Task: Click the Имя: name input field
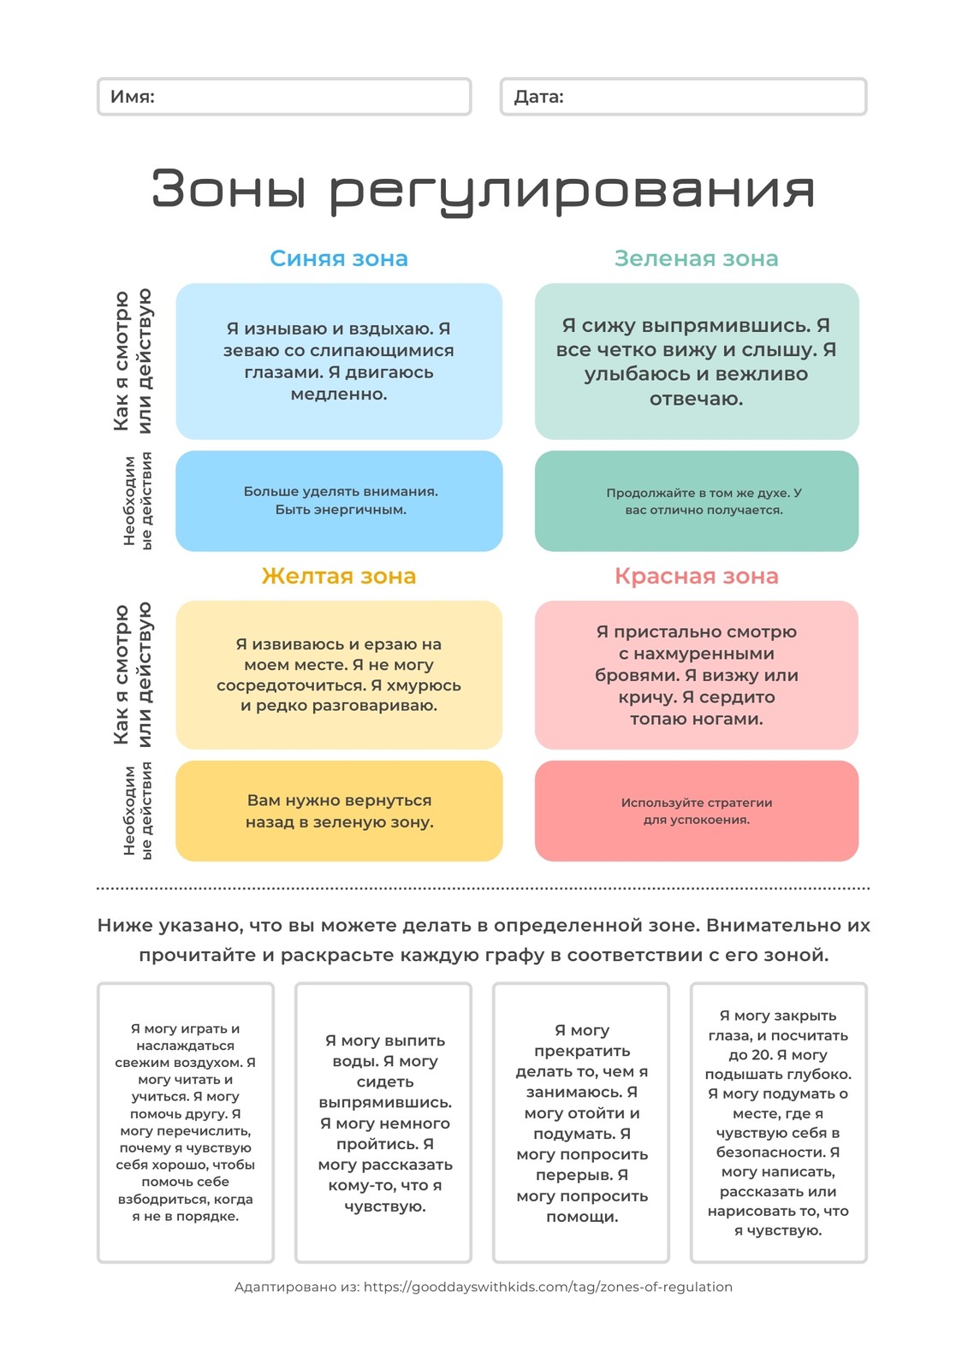[x=284, y=97]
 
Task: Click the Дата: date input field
[x=683, y=97]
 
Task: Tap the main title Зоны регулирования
[x=483, y=191]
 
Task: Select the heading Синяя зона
[x=339, y=258]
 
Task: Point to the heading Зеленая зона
[x=697, y=258]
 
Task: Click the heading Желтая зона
[x=339, y=576]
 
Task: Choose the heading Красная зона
[x=697, y=576]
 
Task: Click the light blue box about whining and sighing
[x=339, y=361]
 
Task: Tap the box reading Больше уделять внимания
[x=339, y=501]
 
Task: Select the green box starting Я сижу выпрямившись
[x=697, y=361]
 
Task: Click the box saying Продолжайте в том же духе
[x=697, y=501]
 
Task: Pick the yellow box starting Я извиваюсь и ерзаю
[x=339, y=675]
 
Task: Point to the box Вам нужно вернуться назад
[x=339, y=811]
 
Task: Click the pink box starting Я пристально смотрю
[x=697, y=675]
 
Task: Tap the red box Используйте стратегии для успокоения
[x=697, y=811]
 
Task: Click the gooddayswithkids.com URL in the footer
[x=548, y=1287]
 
